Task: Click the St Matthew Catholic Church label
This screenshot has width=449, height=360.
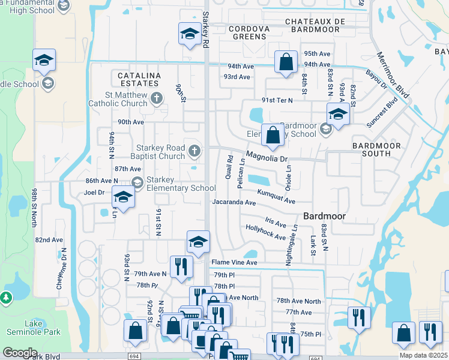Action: [x=125, y=99]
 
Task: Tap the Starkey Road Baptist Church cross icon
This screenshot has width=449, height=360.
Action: [x=194, y=150]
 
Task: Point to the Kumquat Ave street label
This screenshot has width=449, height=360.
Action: [x=276, y=197]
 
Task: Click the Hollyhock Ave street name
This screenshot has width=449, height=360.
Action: [x=265, y=232]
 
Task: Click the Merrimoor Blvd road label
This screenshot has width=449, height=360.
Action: [x=393, y=75]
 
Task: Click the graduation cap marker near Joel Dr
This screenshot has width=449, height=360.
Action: [x=124, y=197]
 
